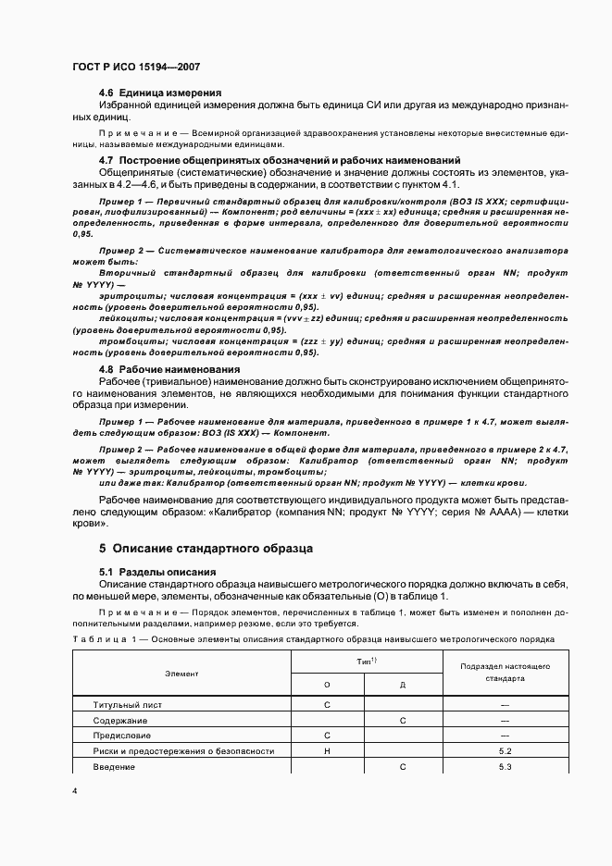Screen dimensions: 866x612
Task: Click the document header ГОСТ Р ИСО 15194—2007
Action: (x=136, y=68)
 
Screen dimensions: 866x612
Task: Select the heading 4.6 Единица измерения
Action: (x=159, y=93)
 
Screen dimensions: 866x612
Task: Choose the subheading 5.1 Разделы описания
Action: (x=156, y=572)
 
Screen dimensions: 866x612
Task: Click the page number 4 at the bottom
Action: (x=76, y=790)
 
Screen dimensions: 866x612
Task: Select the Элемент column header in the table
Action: (x=181, y=674)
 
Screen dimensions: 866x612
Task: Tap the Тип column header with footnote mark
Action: (x=366, y=662)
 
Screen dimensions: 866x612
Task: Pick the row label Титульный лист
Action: (x=127, y=705)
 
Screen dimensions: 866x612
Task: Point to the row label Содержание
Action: (x=120, y=720)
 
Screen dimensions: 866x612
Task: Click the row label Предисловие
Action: (x=124, y=736)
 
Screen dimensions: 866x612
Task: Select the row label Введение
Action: (x=115, y=767)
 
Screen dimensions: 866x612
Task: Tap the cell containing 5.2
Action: (x=505, y=751)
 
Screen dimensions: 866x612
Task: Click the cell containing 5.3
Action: (x=505, y=767)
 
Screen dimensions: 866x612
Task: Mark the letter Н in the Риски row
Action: (x=328, y=751)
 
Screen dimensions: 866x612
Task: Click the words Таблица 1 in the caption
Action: (x=100, y=639)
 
